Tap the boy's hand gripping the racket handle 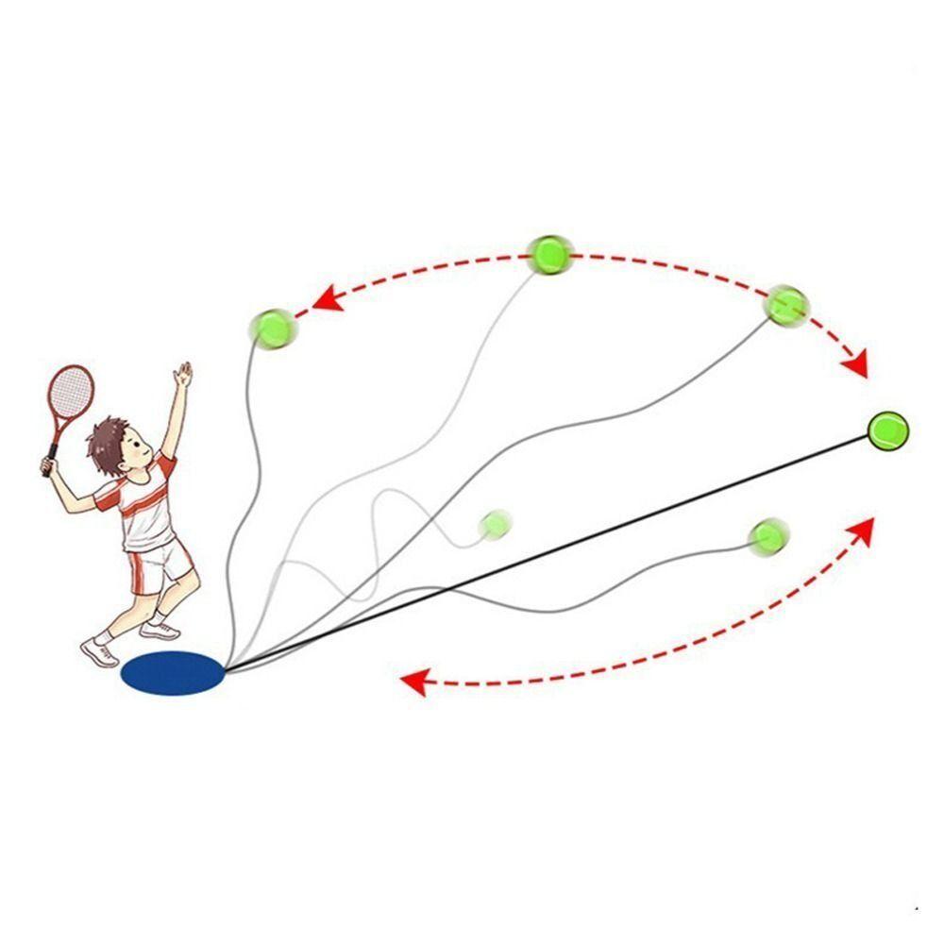[x=47, y=464]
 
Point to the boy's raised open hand [x=183, y=374]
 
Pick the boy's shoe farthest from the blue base [x=100, y=651]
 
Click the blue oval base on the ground [x=173, y=673]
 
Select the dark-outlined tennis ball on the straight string [x=887, y=430]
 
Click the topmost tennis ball [x=548, y=254]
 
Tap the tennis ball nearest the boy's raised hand [x=272, y=328]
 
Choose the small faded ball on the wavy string [x=495, y=523]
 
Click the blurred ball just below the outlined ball [x=767, y=535]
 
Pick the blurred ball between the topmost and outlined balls [x=785, y=304]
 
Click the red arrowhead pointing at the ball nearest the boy [x=325, y=299]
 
